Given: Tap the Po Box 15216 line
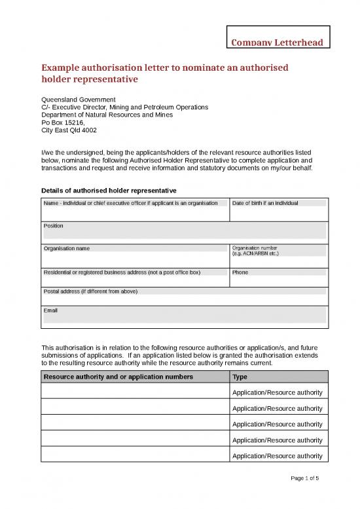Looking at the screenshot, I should point(63,123).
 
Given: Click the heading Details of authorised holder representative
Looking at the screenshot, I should point(108,190).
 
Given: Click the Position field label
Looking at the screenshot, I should point(54,225).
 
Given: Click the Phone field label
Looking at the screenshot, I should point(240,272).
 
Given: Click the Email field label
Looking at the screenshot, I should point(50,310).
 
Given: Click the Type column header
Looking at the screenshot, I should point(240,377).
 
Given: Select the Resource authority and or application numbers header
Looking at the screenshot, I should point(118,377).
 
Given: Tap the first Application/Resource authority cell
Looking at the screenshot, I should point(277,392).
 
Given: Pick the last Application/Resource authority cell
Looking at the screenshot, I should point(277,456).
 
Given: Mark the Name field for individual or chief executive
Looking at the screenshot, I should point(131,204).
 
